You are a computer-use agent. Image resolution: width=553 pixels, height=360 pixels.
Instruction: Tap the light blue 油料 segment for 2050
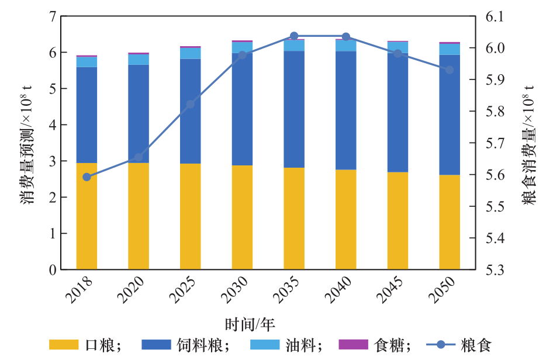click(450, 49)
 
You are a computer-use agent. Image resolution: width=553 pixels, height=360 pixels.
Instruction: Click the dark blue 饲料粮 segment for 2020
click(139, 114)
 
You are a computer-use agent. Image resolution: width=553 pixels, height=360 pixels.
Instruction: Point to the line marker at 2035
click(294, 36)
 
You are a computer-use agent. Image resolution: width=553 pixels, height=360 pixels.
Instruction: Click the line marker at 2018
click(87, 177)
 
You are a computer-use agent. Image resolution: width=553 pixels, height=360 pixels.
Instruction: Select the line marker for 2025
click(190, 105)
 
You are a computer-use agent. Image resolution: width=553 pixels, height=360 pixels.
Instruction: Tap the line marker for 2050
click(450, 70)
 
